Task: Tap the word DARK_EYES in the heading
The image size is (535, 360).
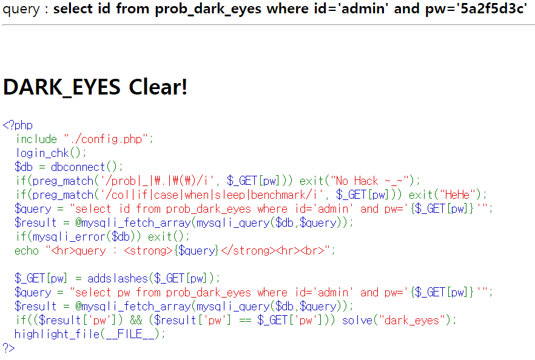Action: tap(62, 87)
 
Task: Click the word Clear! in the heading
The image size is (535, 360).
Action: tap(158, 87)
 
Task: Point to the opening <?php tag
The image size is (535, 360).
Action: tap(18, 125)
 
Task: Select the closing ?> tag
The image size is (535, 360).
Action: tap(8, 348)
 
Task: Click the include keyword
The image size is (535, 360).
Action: tap(36, 139)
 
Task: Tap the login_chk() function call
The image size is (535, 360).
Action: tap(51, 153)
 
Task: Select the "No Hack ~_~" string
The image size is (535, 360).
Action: tap(374, 181)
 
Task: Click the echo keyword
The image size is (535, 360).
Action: tap(26, 250)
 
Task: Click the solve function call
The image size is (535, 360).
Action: tap(357, 320)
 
